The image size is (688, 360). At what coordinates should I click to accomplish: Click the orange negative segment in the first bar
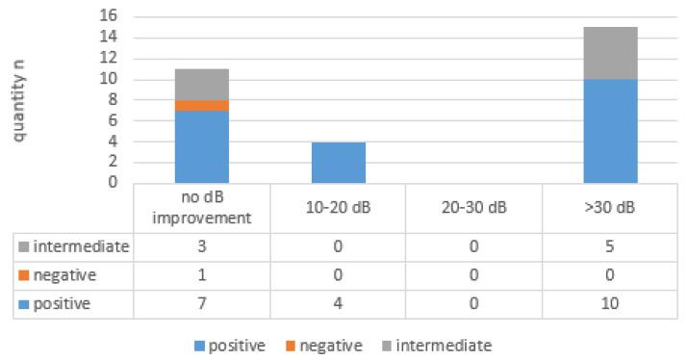(x=201, y=105)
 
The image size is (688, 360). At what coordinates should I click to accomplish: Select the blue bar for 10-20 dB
(x=338, y=162)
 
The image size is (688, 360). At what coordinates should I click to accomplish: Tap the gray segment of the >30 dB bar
(x=610, y=53)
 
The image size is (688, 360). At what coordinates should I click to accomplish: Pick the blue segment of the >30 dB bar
(x=610, y=131)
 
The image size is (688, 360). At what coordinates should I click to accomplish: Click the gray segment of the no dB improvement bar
(x=201, y=84)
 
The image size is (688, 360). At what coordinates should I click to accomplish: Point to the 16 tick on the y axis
(x=116, y=16)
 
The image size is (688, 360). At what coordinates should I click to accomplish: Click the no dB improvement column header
(x=201, y=208)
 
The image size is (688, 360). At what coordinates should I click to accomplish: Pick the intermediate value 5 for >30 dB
(x=610, y=247)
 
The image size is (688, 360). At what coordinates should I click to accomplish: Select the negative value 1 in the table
(x=201, y=274)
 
